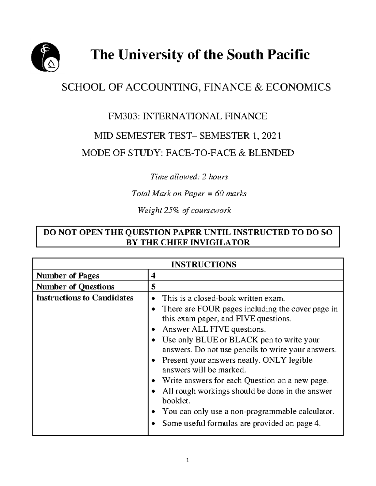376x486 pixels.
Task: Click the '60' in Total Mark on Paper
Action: tap(219, 194)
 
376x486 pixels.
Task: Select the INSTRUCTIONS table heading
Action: tap(203, 264)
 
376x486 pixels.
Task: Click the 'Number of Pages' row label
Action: tap(68, 276)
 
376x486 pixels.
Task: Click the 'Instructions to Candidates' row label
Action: tap(85, 298)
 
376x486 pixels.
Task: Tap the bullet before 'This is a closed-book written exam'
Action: tap(153, 299)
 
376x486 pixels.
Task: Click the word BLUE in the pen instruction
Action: tap(206, 340)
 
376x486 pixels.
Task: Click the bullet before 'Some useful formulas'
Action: tap(153, 424)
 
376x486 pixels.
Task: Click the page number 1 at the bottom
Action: tap(188, 460)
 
